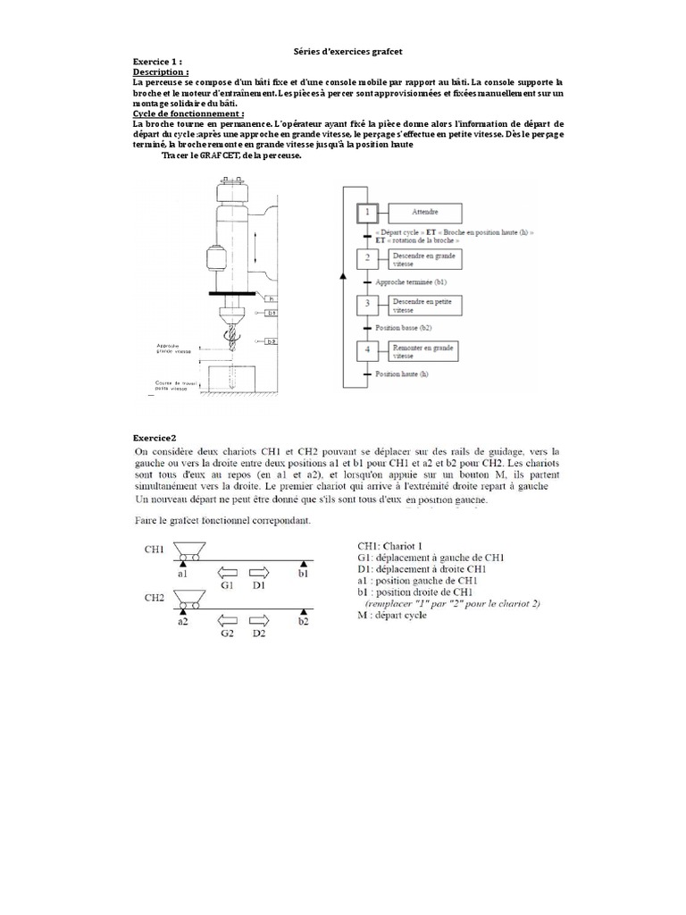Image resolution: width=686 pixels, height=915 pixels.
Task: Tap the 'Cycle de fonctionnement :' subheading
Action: click(x=175, y=114)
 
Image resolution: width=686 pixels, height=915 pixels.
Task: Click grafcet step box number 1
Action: click(x=366, y=213)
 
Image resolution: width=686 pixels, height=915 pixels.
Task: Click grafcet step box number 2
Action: click(x=366, y=259)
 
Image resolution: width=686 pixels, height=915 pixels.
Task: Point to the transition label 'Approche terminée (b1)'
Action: click(x=411, y=281)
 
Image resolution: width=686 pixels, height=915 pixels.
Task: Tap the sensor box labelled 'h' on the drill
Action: click(x=272, y=298)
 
